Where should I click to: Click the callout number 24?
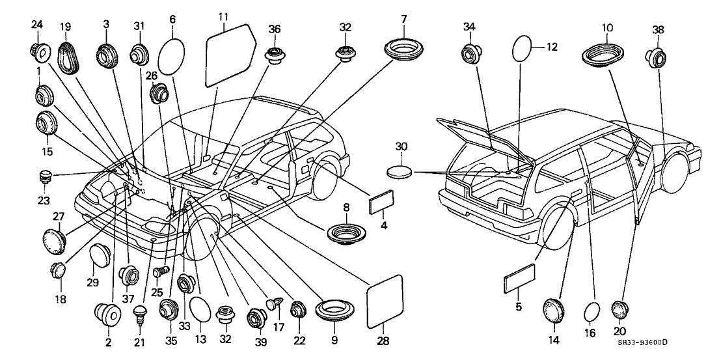tap(36, 25)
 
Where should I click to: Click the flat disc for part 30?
tap(399, 172)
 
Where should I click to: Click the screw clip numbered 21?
tap(139, 318)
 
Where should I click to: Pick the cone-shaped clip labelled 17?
tap(275, 303)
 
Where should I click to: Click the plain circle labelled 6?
tap(172, 56)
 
